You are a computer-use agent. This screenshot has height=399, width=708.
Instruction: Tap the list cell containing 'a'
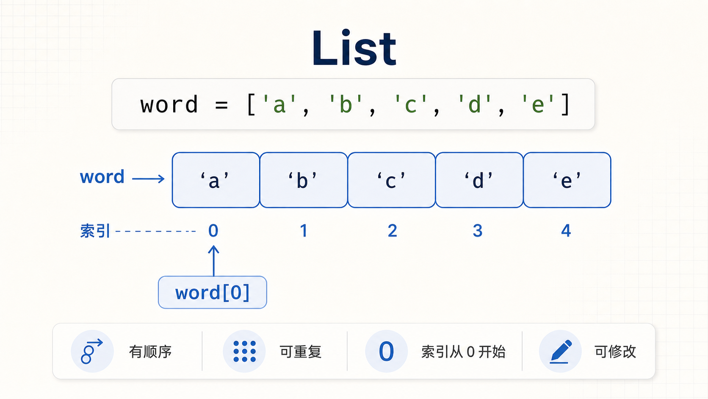(x=216, y=180)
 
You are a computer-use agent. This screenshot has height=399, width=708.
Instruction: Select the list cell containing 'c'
(x=392, y=180)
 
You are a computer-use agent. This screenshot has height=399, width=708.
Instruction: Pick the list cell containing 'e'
(x=567, y=180)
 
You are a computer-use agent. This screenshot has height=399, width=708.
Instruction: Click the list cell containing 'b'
(x=304, y=180)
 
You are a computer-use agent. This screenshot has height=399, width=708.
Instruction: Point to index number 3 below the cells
(x=478, y=231)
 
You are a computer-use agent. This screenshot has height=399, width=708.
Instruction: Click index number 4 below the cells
(x=566, y=231)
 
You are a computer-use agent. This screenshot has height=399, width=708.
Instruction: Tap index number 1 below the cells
(x=304, y=231)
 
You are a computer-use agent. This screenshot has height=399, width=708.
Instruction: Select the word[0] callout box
(x=213, y=293)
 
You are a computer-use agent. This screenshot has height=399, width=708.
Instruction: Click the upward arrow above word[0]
(x=214, y=261)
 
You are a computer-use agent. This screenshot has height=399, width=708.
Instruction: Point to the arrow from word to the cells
(x=148, y=179)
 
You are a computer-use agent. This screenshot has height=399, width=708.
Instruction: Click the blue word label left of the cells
(x=102, y=177)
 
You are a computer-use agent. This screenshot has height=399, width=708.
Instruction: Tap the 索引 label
(x=95, y=231)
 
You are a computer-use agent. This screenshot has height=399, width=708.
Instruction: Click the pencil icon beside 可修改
(x=560, y=352)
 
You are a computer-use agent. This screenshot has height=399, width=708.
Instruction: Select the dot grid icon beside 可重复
(x=244, y=352)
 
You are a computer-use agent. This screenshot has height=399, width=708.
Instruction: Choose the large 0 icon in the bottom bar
(x=386, y=352)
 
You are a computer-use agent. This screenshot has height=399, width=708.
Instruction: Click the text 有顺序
(x=150, y=352)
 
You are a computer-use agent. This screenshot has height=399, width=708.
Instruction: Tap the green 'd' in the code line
(x=474, y=104)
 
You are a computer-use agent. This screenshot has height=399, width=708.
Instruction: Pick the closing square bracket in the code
(x=565, y=104)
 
